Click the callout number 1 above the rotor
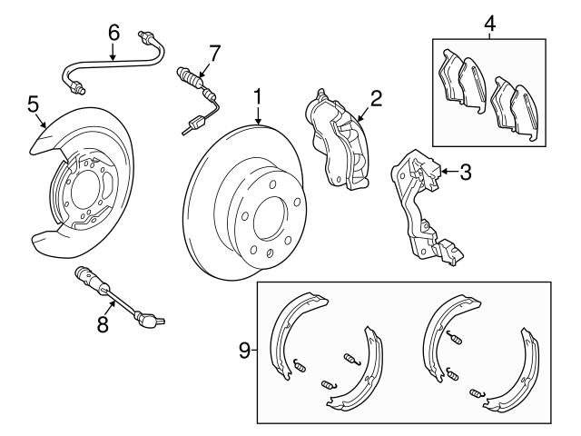click(x=258, y=96)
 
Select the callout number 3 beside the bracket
click(x=464, y=170)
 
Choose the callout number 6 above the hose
click(x=113, y=32)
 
